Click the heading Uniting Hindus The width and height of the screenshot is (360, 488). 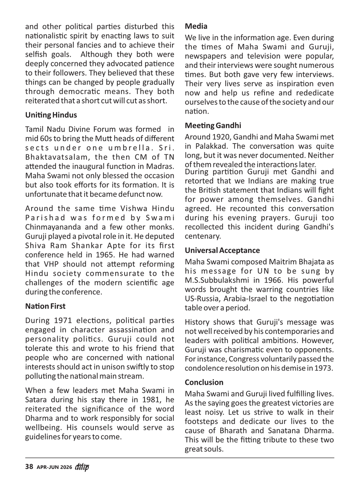[51, 115]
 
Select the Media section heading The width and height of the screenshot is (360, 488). [196, 26]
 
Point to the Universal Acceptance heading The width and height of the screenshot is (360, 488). [222, 250]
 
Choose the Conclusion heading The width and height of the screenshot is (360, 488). [204, 382]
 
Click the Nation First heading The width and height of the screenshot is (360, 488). [45, 306]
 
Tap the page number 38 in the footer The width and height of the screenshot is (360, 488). [29, 467]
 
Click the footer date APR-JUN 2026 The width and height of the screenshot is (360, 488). [54, 467]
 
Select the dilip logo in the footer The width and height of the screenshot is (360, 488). [82, 467]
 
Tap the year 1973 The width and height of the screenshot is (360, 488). [323, 368]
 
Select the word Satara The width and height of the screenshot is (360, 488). [36, 400]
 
